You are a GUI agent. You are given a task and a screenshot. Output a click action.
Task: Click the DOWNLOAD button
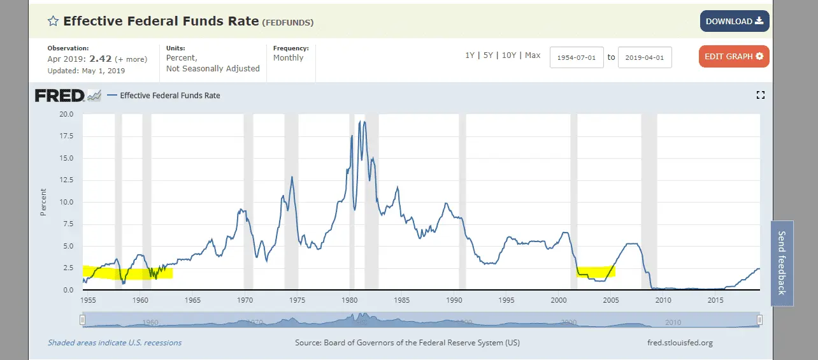(x=734, y=21)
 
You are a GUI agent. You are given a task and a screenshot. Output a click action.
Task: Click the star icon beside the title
(x=54, y=21)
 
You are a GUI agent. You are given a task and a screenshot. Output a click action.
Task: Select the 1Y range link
(x=470, y=55)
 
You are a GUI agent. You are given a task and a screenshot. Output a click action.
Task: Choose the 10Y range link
(x=509, y=55)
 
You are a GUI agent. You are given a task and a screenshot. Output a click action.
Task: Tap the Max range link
(x=533, y=55)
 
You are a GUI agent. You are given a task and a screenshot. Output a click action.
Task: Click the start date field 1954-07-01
(x=576, y=57)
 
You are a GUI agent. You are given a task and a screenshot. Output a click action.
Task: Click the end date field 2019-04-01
(x=645, y=57)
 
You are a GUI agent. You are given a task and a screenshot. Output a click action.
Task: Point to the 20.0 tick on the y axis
(x=66, y=115)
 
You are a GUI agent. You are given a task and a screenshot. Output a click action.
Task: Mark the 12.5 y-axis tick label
(x=66, y=180)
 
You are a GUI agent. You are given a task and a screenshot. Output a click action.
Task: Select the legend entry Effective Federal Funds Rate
(x=170, y=96)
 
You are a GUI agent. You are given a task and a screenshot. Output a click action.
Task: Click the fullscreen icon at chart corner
(x=760, y=96)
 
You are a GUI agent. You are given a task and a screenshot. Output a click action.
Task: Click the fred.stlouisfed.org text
(x=679, y=343)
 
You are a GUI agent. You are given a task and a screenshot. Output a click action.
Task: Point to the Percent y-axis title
(x=43, y=202)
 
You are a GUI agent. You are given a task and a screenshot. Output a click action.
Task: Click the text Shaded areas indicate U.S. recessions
(x=115, y=343)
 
